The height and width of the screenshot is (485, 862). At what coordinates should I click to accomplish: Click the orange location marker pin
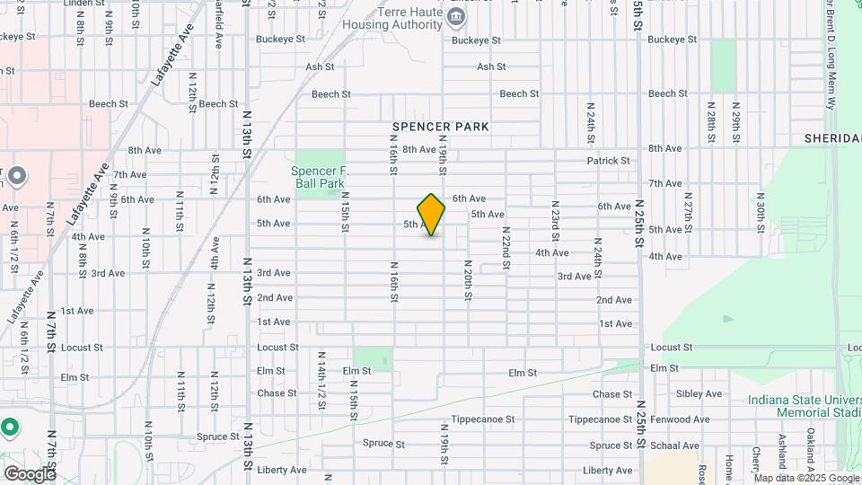click(x=431, y=215)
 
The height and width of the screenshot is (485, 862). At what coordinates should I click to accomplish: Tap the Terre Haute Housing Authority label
click(x=396, y=19)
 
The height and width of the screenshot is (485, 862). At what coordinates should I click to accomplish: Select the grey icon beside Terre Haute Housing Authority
click(x=456, y=16)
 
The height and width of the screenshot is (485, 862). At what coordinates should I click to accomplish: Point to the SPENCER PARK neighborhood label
click(x=441, y=127)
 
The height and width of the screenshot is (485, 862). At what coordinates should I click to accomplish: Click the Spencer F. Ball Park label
click(x=319, y=177)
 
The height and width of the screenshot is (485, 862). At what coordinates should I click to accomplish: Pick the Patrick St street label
click(x=609, y=161)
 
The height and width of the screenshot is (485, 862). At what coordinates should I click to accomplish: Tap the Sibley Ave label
click(x=699, y=393)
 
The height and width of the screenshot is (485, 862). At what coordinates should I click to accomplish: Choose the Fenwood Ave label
click(x=699, y=419)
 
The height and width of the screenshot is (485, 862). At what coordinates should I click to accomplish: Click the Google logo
click(x=30, y=473)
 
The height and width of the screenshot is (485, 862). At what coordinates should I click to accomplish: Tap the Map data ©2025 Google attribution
click(x=806, y=478)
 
